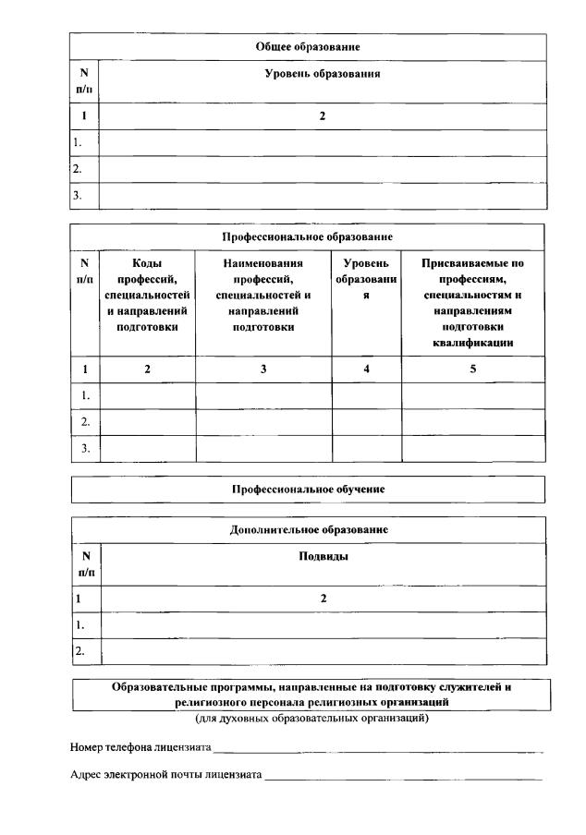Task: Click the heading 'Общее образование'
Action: pyautogui.click(x=308, y=45)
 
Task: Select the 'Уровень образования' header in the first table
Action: pyautogui.click(x=323, y=73)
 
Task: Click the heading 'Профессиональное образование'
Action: pyautogui.click(x=308, y=237)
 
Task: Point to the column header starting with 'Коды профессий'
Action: pyautogui.click(x=147, y=295)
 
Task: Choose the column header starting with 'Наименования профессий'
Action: pyautogui.click(x=263, y=295)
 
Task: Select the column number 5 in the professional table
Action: pyautogui.click(x=472, y=369)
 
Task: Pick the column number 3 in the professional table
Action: pyautogui.click(x=263, y=369)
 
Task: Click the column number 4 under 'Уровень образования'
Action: pyautogui.click(x=366, y=369)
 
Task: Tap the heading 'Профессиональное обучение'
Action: pyautogui.click(x=308, y=489)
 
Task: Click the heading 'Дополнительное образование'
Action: pyautogui.click(x=308, y=530)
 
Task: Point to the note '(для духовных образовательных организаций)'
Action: pyautogui.click(x=311, y=718)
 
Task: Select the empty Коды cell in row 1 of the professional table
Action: pyautogui.click(x=147, y=395)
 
